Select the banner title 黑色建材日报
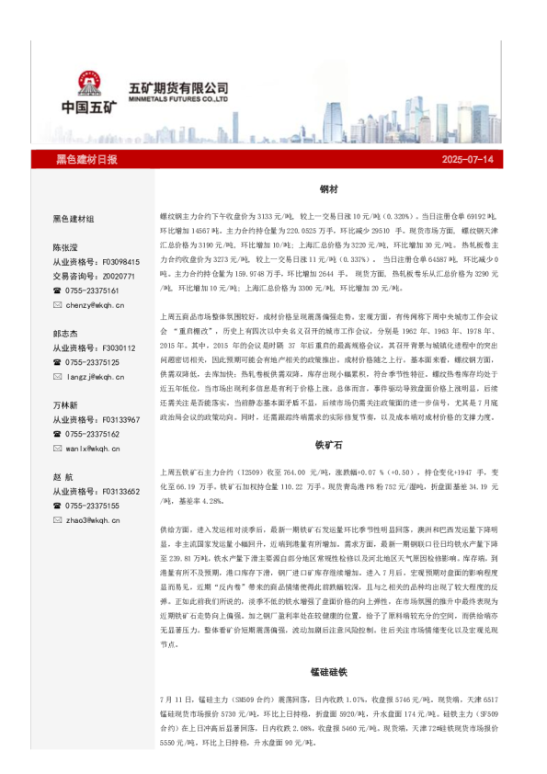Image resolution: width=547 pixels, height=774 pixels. (x=87, y=159)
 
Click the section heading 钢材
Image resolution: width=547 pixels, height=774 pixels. (x=328, y=188)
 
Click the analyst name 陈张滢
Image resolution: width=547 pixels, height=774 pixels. (x=66, y=247)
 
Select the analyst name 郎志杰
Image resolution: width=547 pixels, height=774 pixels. (x=66, y=334)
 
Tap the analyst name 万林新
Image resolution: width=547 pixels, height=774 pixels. (x=66, y=405)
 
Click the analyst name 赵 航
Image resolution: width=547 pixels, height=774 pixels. (x=64, y=477)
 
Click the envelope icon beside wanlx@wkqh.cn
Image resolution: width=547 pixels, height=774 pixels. (x=57, y=449)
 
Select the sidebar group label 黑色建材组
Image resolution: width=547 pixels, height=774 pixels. (x=74, y=219)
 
